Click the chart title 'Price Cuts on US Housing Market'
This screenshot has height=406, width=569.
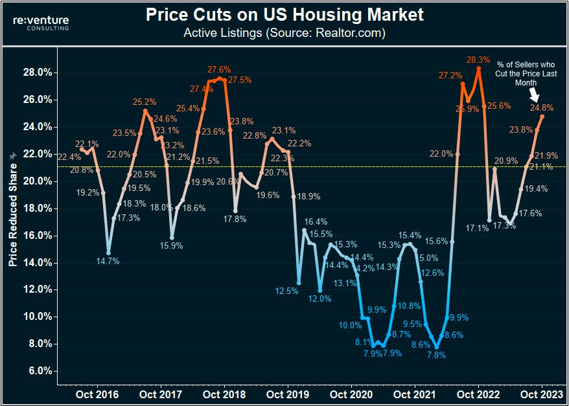click(284, 14)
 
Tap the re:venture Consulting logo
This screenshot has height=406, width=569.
click(41, 23)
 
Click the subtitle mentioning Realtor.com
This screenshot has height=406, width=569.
click(284, 32)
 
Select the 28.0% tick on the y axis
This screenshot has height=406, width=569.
click(38, 73)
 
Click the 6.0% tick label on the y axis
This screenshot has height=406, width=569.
click(39, 371)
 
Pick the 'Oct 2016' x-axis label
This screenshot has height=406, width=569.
click(97, 393)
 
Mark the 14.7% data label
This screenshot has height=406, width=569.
click(108, 261)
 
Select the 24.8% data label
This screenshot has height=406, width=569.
click(542, 107)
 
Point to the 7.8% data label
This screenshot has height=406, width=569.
click(437, 355)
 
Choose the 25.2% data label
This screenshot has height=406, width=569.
click(145, 102)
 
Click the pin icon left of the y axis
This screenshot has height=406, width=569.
click(11, 157)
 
